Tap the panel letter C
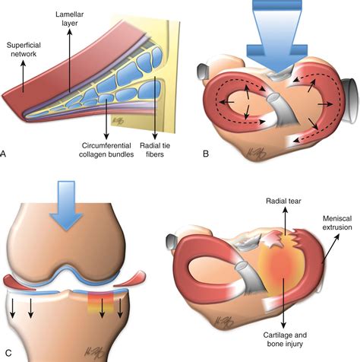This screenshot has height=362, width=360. coord(7,353)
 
